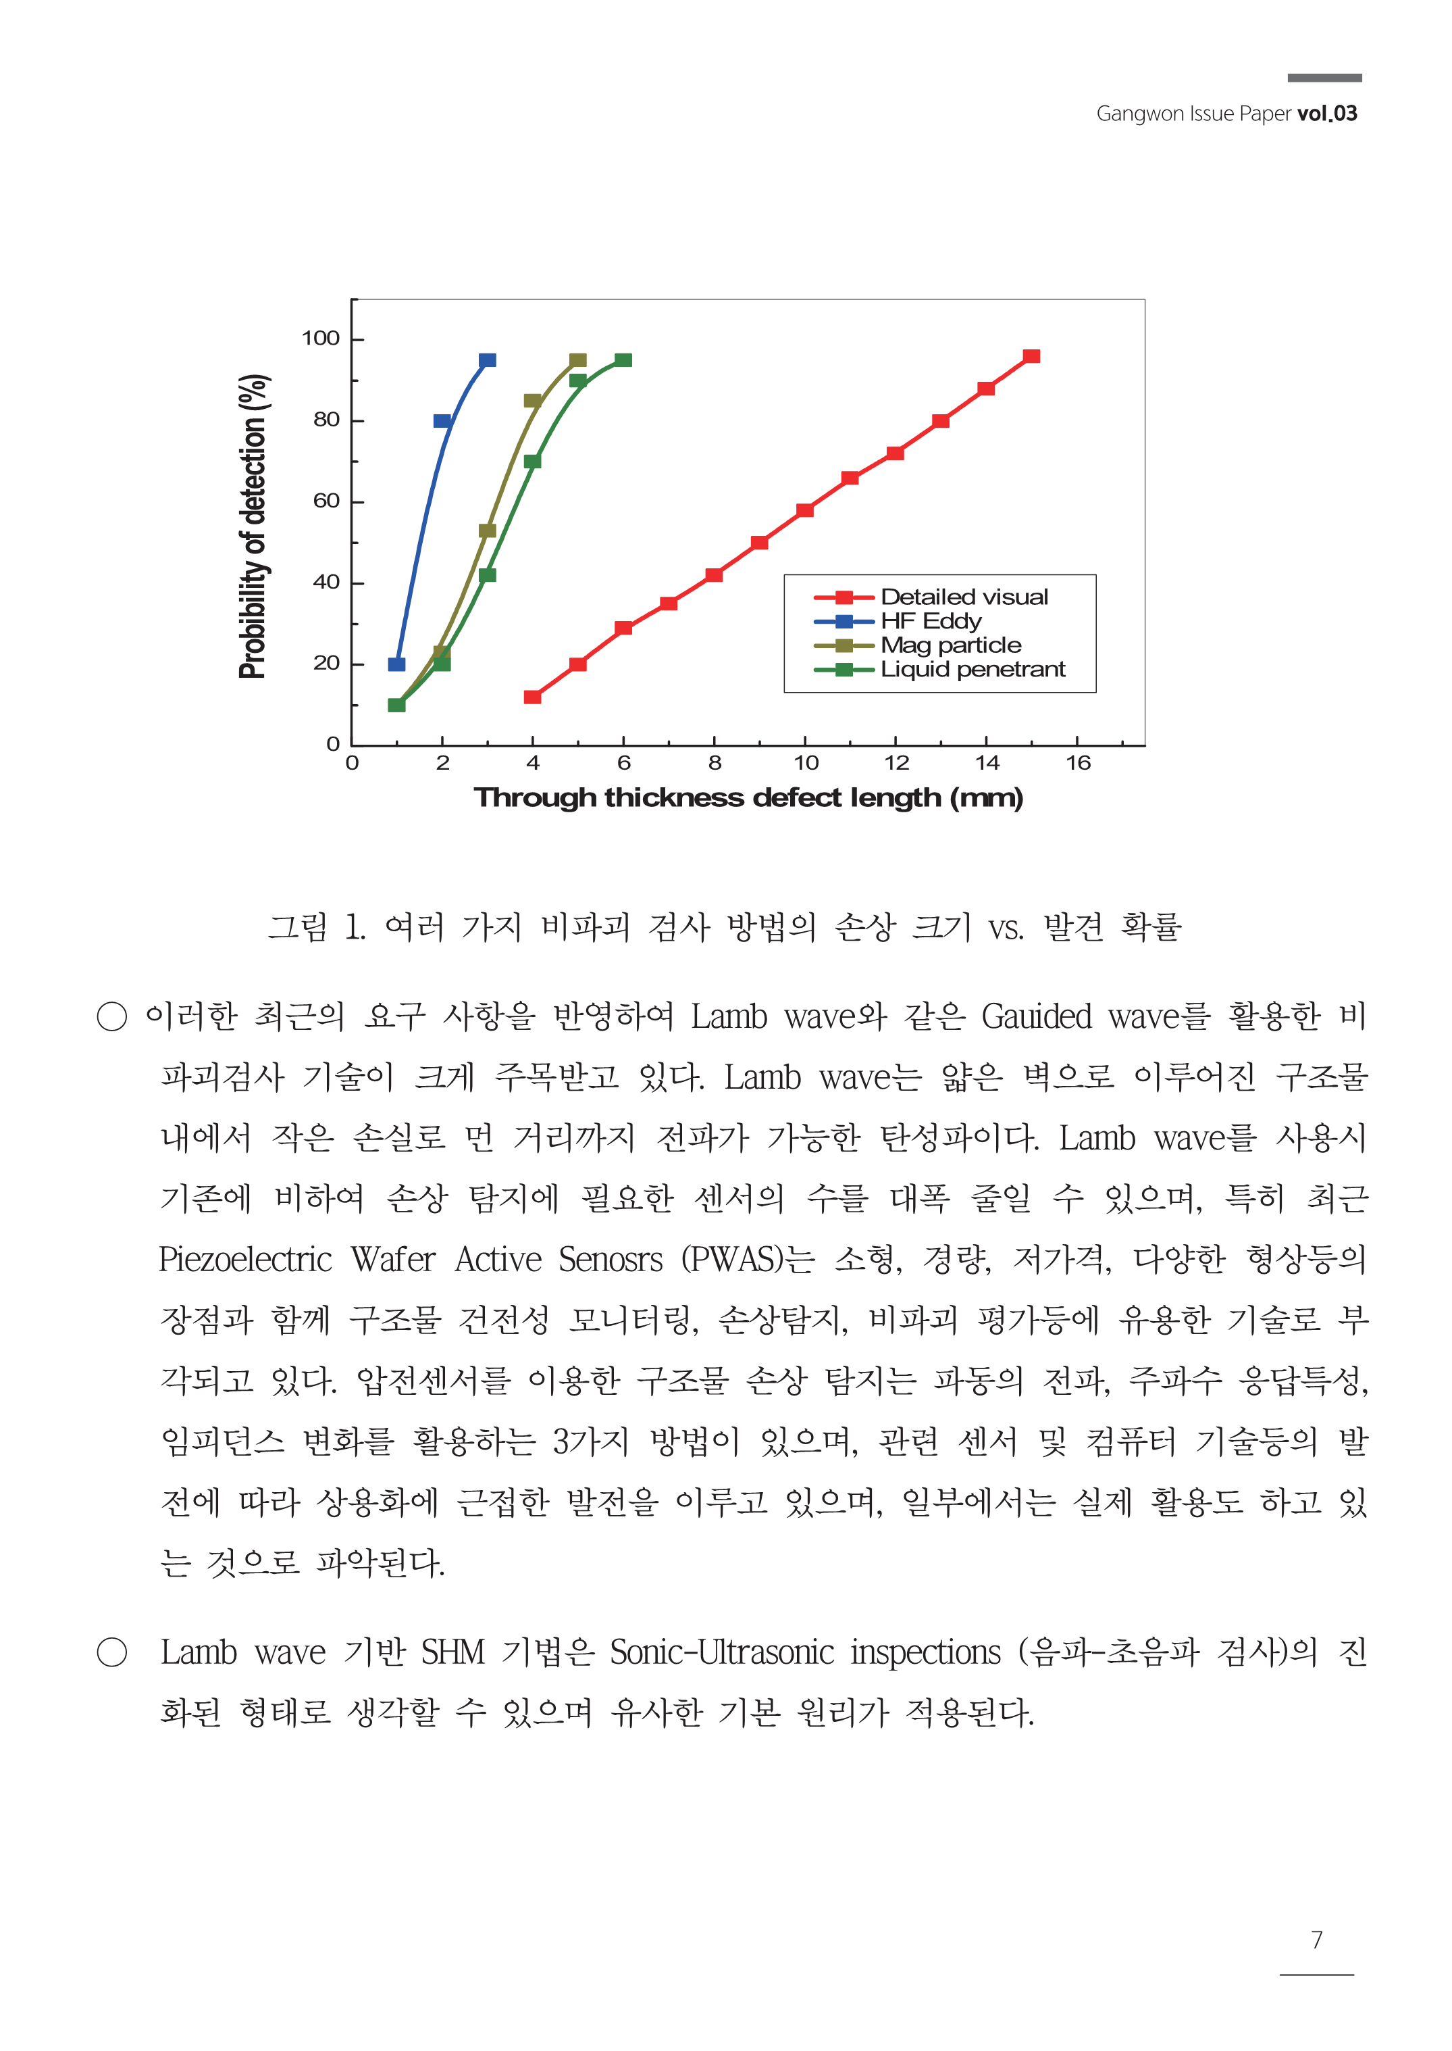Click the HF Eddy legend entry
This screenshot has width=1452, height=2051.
tap(931, 621)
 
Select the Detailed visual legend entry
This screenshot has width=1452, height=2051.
tap(964, 597)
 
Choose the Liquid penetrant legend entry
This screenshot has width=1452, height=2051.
tap(973, 669)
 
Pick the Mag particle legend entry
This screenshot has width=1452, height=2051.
tap(950, 645)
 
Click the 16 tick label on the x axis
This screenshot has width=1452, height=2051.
tap(1077, 763)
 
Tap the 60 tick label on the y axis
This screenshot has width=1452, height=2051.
tap(326, 501)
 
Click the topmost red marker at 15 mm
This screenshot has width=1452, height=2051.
tap(1031, 356)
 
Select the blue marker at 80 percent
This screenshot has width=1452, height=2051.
tap(442, 420)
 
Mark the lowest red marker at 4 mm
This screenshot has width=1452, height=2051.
tap(532, 697)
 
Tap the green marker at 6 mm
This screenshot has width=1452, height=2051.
tap(623, 360)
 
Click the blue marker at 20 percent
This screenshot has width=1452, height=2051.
tap(396, 664)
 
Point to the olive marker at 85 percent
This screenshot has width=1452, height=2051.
tap(532, 401)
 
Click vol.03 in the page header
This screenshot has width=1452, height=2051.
tap(1327, 114)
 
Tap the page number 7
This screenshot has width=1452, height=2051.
tap(1316, 1939)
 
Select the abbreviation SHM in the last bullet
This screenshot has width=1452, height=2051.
tap(452, 1652)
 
